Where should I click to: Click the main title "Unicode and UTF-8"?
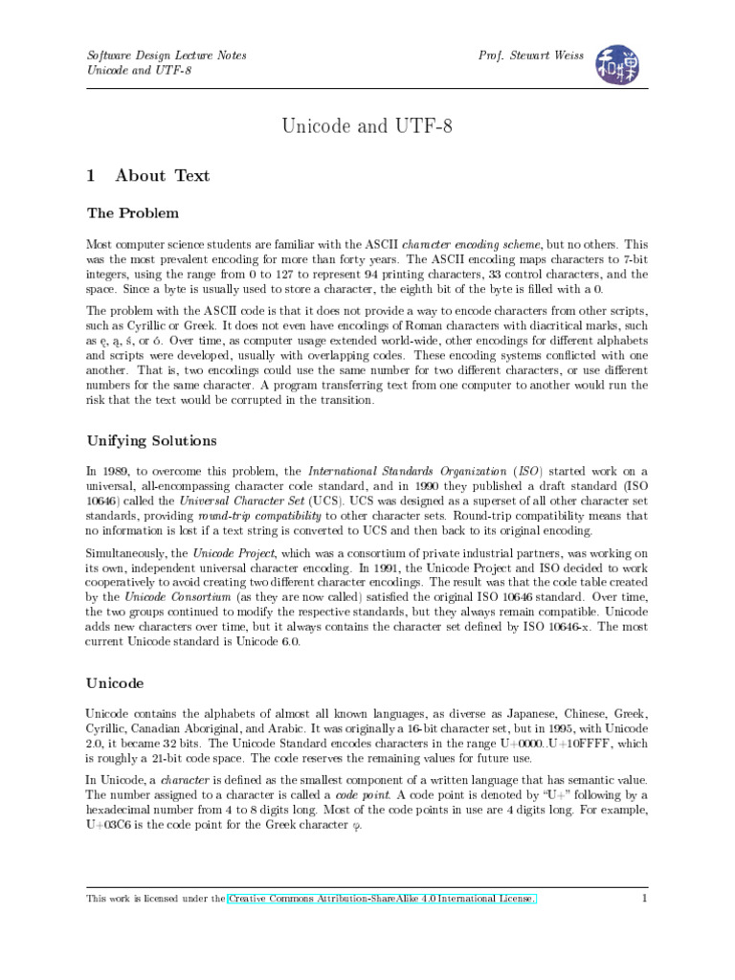tap(367, 126)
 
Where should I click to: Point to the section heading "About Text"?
tap(162, 176)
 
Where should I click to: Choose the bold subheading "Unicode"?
tap(115, 684)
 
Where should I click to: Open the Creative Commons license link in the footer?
tap(382, 899)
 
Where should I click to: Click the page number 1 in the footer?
tap(645, 899)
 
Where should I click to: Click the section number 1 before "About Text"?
tap(91, 176)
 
